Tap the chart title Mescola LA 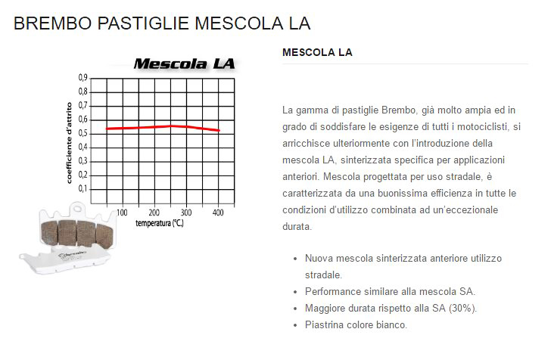coord(184,64)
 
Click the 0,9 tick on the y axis coord(82,78)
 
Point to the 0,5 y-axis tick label coord(82,133)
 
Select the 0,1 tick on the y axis coord(82,188)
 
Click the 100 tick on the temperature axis coord(121,212)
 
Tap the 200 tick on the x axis coord(154,212)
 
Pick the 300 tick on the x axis coord(186,212)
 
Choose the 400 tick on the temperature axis coord(218,212)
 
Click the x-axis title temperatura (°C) coord(160,223)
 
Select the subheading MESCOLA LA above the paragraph coord(316,53)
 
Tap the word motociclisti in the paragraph coord(484,127)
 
